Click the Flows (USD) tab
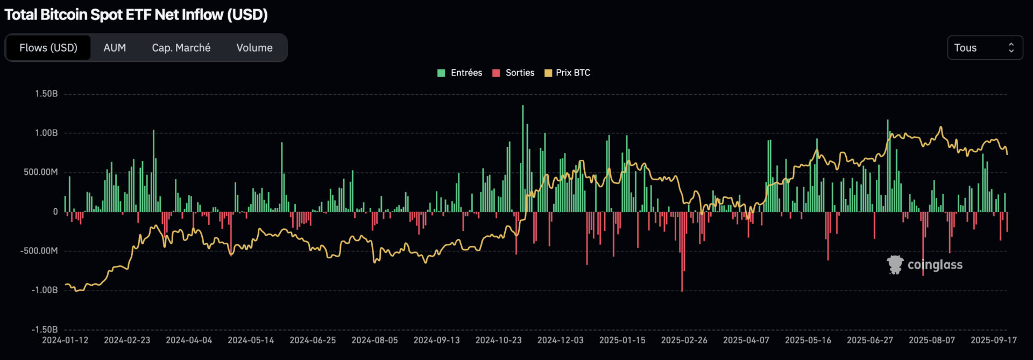48,48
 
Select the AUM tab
115,48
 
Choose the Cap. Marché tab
181,48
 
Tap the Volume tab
254,48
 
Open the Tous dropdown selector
985,48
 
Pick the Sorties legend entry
514,73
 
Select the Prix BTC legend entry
568,73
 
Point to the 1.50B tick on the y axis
46,94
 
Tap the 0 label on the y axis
55,211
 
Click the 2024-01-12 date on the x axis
65,340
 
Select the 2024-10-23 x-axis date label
498,340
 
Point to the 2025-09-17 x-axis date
993,340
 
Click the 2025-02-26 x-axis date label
684,340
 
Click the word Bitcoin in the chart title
64,15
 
